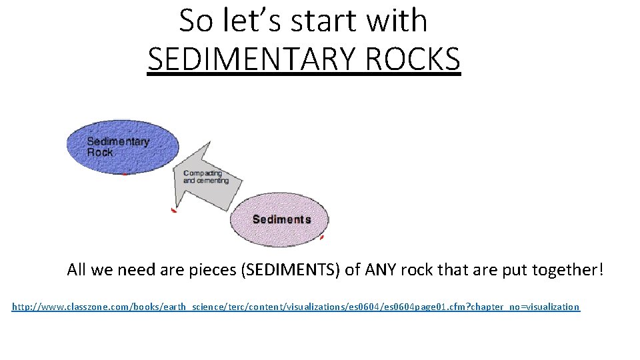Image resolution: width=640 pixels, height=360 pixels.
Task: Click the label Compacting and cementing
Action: (x=205, y=177)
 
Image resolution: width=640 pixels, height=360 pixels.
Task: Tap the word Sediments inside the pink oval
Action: (x=281, y=219)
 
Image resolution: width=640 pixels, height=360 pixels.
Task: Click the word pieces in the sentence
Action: (x=212, y=270)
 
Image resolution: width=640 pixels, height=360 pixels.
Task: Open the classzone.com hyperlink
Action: (x=296, y=307)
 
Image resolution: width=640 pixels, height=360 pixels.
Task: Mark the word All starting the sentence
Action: (x=77, y=270)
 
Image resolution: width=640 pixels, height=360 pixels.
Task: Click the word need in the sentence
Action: (x=135, y=270)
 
